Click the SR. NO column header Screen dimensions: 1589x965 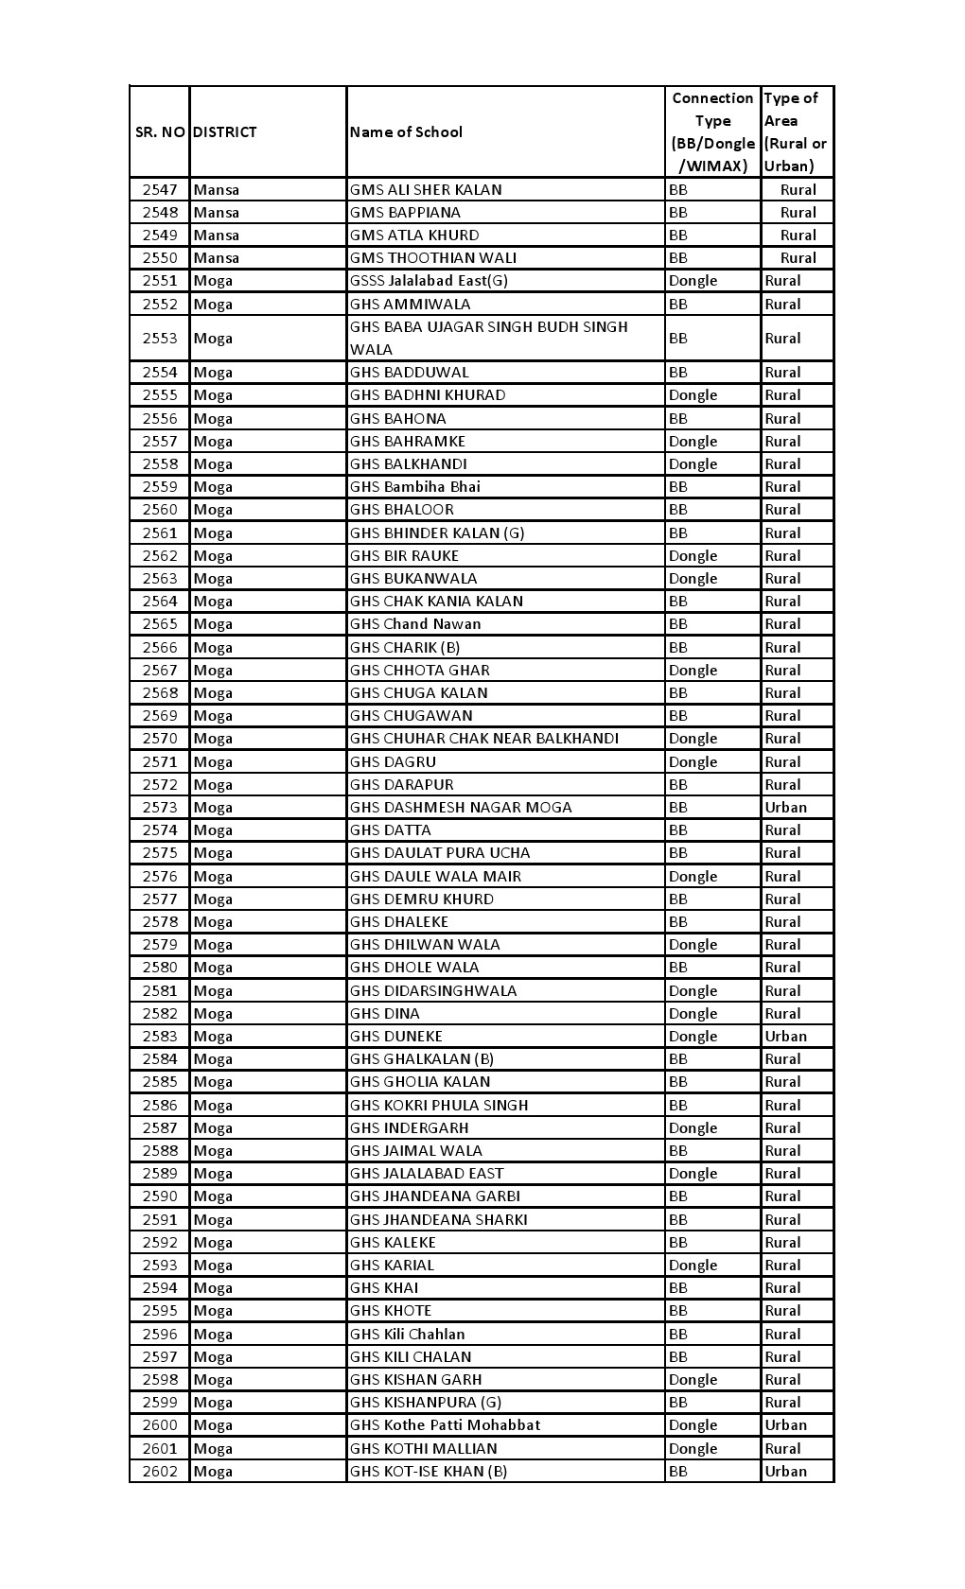[160, 132]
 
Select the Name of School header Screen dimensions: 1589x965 [406, 132]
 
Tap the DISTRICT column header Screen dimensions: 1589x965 [224, 132]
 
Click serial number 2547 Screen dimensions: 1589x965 [160, 189]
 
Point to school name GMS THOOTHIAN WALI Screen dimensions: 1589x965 [433, 258]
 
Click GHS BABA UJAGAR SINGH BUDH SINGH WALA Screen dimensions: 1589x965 [488, 338]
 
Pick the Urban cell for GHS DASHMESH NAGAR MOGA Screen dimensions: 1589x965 [785, 808]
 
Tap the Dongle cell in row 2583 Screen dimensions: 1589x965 [693, 1037]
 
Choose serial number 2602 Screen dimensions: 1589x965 [160, 1472]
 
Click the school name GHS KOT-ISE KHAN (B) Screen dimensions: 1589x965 [429, 1472]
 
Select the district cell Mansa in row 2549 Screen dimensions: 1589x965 [216, 236]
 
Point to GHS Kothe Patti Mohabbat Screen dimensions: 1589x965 [445, 1425]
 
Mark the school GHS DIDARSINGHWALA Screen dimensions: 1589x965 [433, 991]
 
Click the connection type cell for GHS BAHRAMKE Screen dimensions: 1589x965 [693, 442]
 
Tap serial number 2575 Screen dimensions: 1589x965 [160, 853]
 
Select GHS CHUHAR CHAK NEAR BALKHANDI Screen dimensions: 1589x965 [484, 739]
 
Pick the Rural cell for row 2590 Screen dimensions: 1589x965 [782, 1196]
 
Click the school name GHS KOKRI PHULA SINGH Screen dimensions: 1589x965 [439, 1106]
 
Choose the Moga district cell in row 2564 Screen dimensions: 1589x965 [213, 602]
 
